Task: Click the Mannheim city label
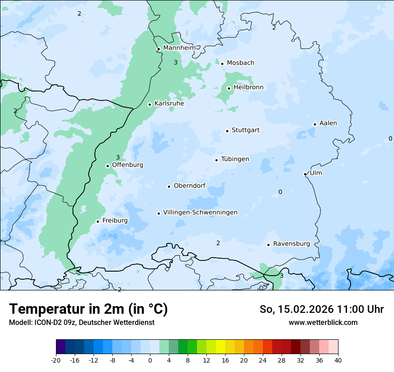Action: [x=179, y=48]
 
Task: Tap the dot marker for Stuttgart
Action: [x=227, y=131]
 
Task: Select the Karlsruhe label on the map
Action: [x=169, y=104]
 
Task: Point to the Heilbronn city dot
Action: [x=229, y=88]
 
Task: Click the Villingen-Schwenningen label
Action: [x=200, y=212]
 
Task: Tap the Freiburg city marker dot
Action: [x=98, y=221]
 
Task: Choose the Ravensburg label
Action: [x=291, y=244]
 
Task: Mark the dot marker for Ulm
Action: [x=305, y=174]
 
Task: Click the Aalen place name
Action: [x=328, y=123]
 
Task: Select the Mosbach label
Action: [x=240, y=63]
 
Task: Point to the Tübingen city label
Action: [x=235, y=159]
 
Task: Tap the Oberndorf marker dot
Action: [x=169, y=186]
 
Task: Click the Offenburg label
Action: [x=128, y=165]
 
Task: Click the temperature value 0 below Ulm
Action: [x=280, y=192]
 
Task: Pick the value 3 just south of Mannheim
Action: [x=176, y=63]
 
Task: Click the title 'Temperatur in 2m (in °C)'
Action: [x=88, y=309]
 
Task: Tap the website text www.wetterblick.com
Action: [x=323, y=322]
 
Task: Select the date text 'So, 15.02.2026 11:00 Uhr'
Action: [x=321, y=309]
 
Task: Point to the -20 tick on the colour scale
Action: [x=56, y=360]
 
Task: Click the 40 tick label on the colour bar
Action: [x=338, y=360]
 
